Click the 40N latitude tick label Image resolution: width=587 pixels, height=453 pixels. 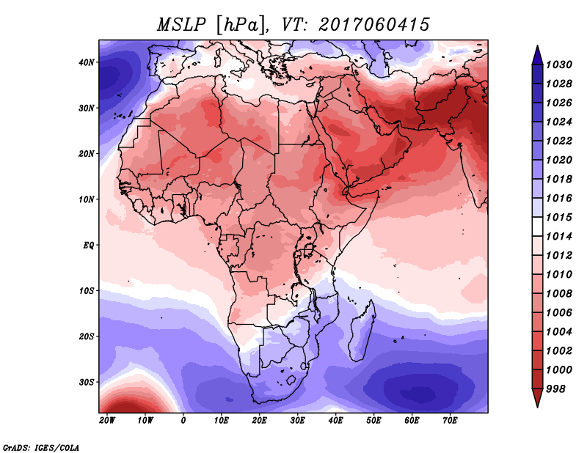coord(87,62)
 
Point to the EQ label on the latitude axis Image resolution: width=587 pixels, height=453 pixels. coord(88,246)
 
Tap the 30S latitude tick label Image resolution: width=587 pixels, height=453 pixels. coord(87,383)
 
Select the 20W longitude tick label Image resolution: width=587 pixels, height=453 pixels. coord(107,421)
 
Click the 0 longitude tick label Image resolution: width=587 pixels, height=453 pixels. coord(183,421)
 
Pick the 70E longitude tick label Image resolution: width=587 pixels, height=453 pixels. coord(450,421)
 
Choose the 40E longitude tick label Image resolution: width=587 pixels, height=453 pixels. coord(335,421)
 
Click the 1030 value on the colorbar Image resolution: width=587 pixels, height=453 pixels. coord(559,65)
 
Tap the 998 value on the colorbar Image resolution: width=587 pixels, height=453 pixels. coord(555,389)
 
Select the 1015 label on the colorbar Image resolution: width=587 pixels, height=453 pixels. coord(559,217)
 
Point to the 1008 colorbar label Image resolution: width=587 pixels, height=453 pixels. coord(559,294)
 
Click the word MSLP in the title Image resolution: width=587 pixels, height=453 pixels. coord(181,25)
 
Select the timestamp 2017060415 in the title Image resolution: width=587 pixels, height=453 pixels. coord(374,25)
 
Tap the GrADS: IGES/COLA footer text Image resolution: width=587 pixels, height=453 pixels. coord(41,448)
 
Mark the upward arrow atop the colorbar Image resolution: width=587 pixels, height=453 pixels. coord(537,55)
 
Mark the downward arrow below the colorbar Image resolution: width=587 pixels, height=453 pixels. coord(537,398)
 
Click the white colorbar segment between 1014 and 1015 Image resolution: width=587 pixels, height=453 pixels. coord(537,226)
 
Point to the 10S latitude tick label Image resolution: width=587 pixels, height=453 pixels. coord(87,291)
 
